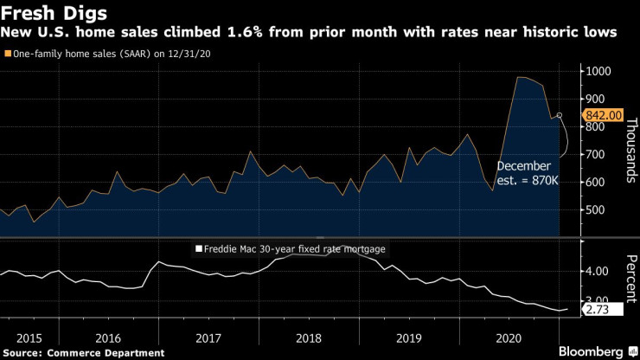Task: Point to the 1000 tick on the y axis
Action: (x=600, y=72)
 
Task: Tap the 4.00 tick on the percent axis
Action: (x=599, y=272)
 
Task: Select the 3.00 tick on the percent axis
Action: (x=599, y=300)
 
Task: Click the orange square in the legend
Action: (x=8, y=54)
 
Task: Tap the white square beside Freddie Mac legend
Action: (x=197, y=248)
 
